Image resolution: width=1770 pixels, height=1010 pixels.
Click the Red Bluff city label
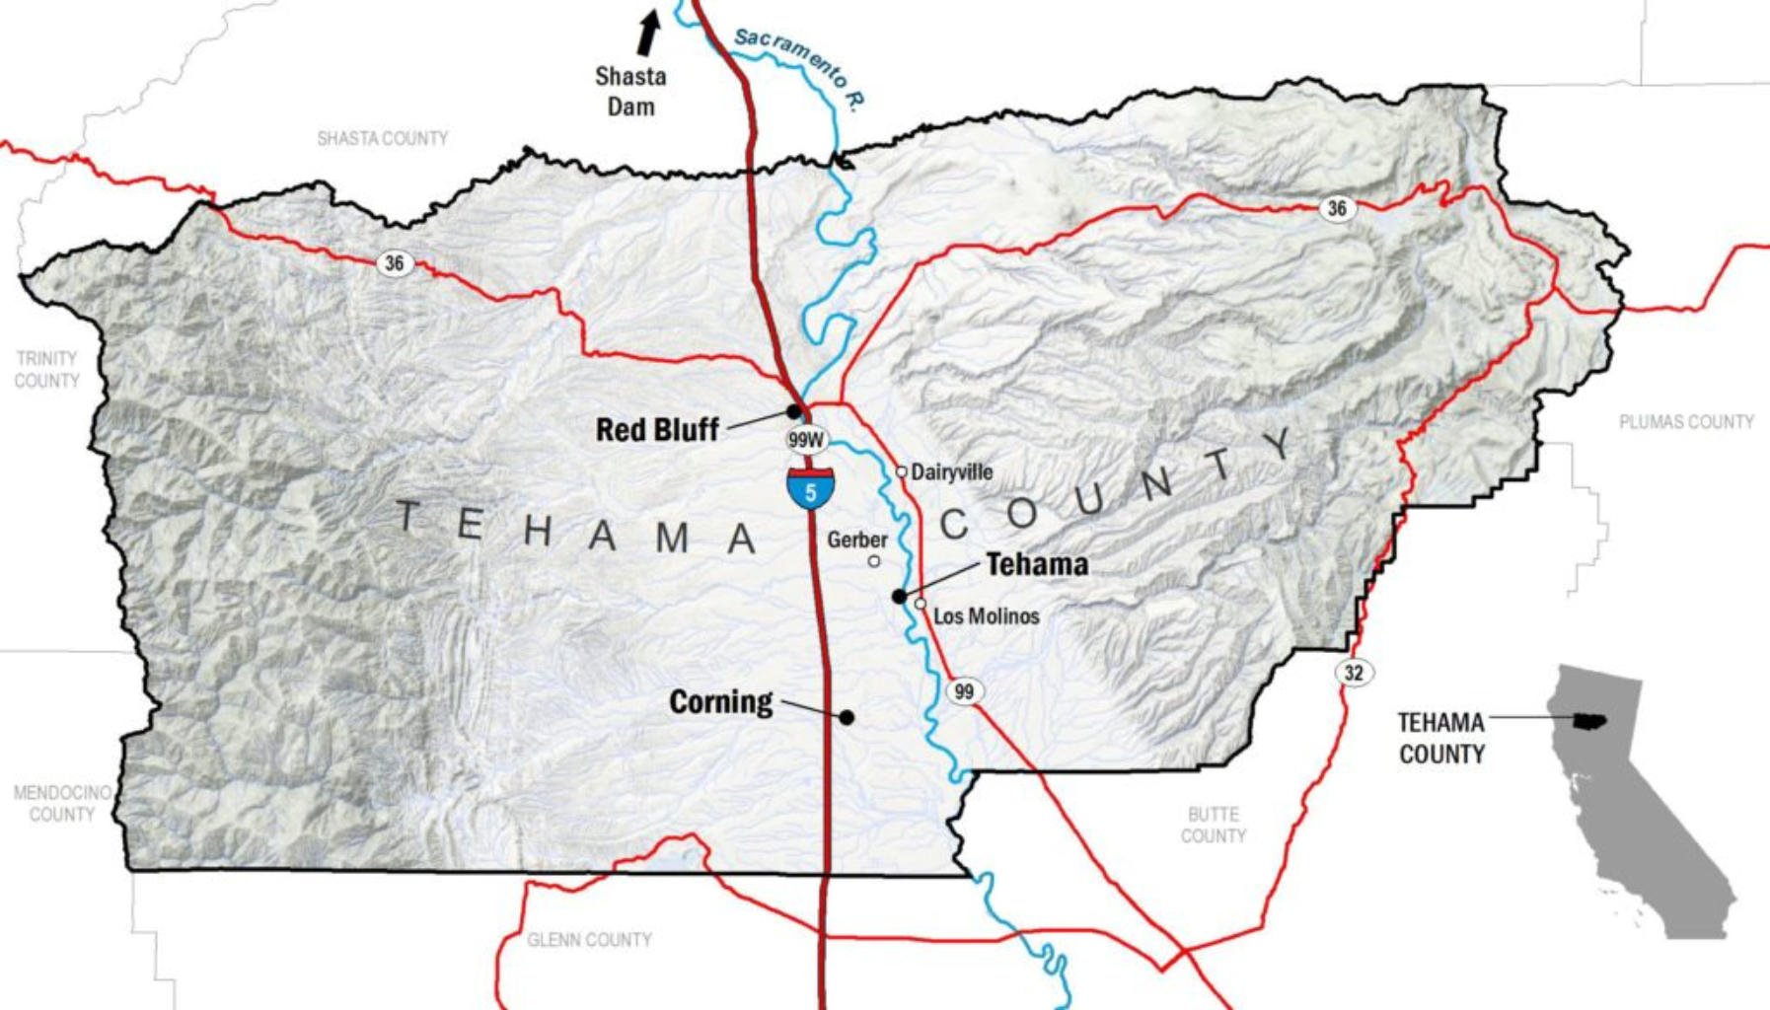657,430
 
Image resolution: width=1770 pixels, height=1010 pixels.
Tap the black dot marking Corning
847,717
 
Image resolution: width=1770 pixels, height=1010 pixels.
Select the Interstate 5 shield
810,488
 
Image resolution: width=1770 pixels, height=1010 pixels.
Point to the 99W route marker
806,440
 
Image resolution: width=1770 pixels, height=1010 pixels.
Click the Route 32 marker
1354,673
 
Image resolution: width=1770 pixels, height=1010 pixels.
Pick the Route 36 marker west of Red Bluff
394,263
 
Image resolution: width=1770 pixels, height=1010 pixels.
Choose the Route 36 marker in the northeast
1337,208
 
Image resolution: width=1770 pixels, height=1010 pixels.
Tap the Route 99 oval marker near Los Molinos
964,691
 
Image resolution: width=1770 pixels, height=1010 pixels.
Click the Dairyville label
951,472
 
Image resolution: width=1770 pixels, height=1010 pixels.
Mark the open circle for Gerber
874,561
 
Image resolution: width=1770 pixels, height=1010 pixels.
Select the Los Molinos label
986,616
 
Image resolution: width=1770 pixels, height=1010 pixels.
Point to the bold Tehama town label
1037,564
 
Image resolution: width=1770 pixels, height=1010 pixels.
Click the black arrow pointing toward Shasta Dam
647,33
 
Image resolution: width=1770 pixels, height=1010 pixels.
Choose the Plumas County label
1686,422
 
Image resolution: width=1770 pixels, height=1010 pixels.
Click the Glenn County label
589,940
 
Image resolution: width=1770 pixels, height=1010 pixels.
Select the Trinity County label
46,369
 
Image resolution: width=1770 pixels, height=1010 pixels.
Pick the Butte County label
1213,825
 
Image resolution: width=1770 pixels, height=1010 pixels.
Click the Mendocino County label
61,803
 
